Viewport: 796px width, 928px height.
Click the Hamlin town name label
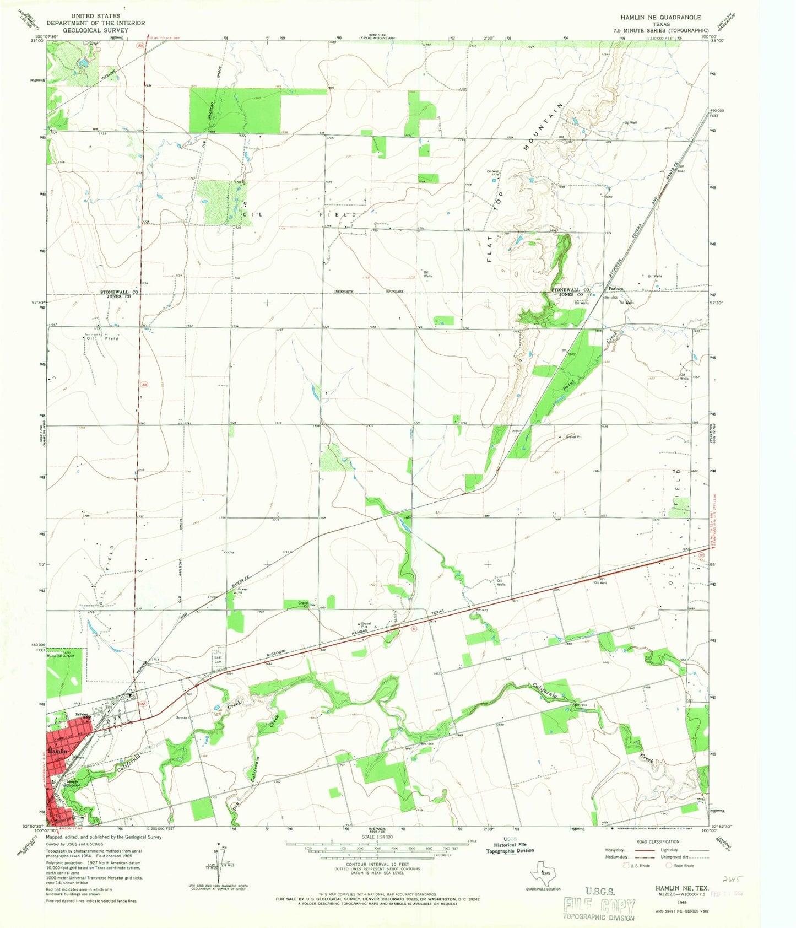tap(57, 751)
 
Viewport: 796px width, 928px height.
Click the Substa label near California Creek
tap(182, 717)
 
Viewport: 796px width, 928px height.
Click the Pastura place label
tap(615, 288)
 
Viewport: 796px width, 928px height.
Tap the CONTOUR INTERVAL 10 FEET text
tap(377, 864)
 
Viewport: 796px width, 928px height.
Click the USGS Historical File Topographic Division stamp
tap(510, 848)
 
